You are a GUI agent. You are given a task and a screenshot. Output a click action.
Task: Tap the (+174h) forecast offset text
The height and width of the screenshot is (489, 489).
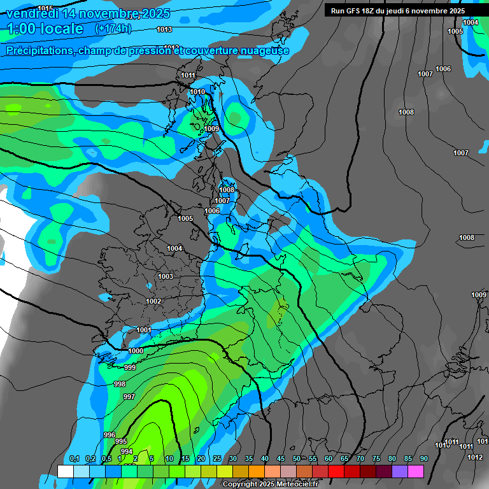point(113,29)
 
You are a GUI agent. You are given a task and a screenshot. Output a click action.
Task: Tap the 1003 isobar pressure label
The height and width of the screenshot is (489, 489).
point(166,276)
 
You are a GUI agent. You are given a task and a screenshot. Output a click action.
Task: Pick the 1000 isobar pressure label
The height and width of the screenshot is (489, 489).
point(136,351)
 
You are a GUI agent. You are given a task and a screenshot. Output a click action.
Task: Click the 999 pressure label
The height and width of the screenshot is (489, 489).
point(130,367)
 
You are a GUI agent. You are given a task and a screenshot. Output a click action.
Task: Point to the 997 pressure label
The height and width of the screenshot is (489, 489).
point(129,397)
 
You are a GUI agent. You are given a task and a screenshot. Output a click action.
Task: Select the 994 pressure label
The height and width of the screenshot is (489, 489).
point(126,451)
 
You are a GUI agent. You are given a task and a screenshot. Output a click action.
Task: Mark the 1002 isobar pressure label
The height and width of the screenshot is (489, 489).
point(153,301)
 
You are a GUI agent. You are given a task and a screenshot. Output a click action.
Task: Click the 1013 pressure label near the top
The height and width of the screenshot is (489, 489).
point(164,29)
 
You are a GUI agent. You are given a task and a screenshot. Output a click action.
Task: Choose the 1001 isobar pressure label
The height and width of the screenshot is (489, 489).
point(144,329)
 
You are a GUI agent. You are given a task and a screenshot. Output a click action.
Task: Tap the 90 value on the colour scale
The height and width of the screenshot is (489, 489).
point(423,459)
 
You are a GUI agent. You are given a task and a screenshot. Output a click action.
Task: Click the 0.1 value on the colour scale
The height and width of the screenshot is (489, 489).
point(74,459)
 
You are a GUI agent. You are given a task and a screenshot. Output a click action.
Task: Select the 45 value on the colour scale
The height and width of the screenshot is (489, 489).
point(280,459)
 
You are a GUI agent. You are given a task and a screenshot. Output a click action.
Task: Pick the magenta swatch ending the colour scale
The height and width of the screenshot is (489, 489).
point(416,471)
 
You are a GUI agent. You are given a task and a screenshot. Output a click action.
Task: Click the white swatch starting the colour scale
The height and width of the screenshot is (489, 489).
point(66,471)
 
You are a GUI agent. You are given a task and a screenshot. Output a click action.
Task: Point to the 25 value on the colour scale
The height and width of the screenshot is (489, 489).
point(216,459)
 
